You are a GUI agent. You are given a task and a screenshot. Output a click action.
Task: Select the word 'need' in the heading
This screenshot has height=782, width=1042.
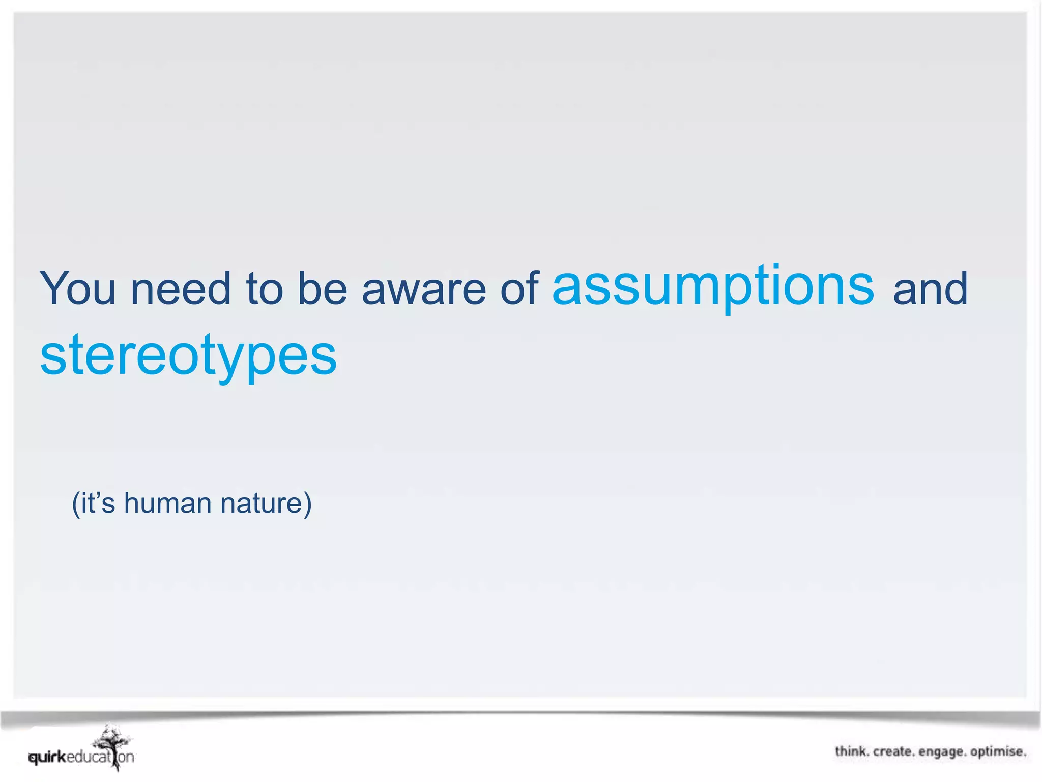point(181,289)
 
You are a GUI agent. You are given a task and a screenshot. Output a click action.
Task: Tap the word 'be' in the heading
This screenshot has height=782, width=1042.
point(322,289)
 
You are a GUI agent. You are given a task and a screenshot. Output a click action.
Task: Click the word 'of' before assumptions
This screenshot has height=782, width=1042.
point(519,289)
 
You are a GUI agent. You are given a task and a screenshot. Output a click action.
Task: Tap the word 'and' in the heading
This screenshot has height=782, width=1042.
point(930,289)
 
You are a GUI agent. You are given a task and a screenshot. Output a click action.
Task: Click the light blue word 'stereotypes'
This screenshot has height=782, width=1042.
point(188,355)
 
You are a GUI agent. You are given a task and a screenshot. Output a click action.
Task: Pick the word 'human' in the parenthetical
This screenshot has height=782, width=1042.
point(167,503)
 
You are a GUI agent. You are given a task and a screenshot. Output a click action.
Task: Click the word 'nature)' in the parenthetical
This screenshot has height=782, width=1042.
point(266,503)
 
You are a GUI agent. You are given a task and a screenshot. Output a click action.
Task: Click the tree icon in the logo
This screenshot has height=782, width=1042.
point(113,744)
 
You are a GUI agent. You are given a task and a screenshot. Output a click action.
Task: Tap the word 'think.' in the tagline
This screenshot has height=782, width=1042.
point(852,751)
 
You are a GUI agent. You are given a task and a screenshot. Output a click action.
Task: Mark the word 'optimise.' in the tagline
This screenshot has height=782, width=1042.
point(998,752)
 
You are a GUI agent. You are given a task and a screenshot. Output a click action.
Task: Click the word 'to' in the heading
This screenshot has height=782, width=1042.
point(264,289)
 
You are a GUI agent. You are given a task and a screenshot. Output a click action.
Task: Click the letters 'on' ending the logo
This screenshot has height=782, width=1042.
point(126,758)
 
